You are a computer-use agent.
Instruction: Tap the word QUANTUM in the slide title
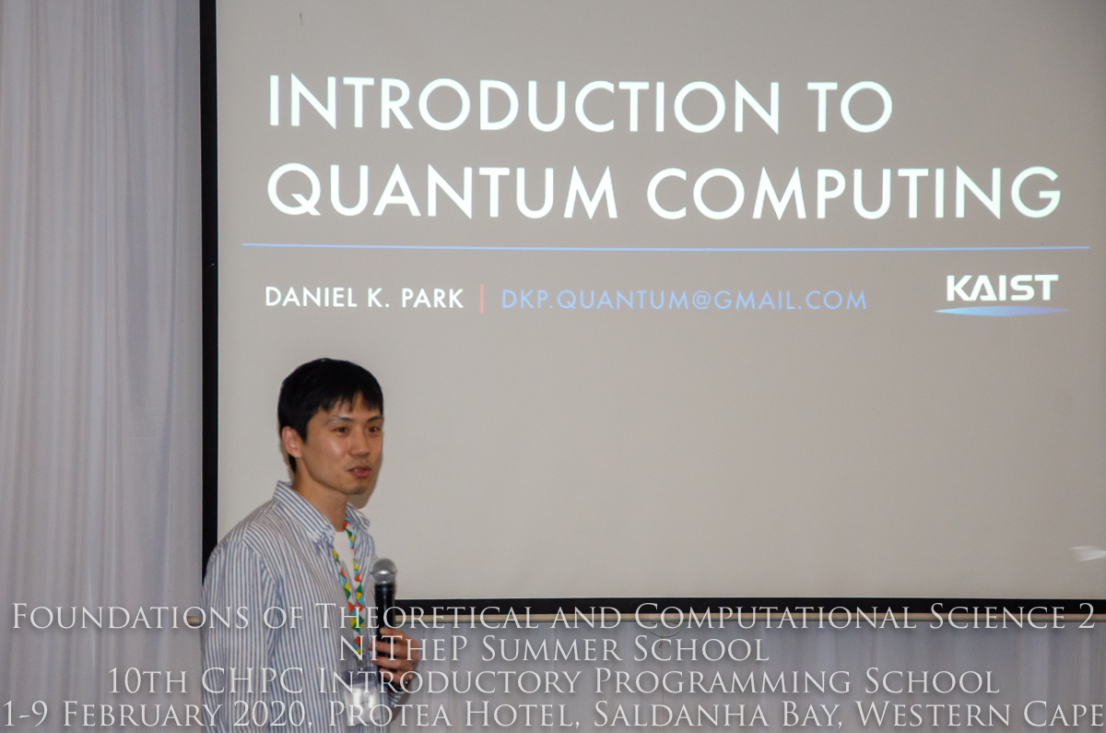(442, 191)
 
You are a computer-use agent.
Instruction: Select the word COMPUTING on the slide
(854, 193)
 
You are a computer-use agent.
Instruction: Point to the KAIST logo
(1002, 295)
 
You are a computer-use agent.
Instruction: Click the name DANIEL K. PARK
(364, 297)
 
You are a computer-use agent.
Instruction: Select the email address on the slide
(684, 300)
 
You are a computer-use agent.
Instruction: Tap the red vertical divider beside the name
(481, 299)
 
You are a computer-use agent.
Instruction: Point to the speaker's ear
(292, 443)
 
